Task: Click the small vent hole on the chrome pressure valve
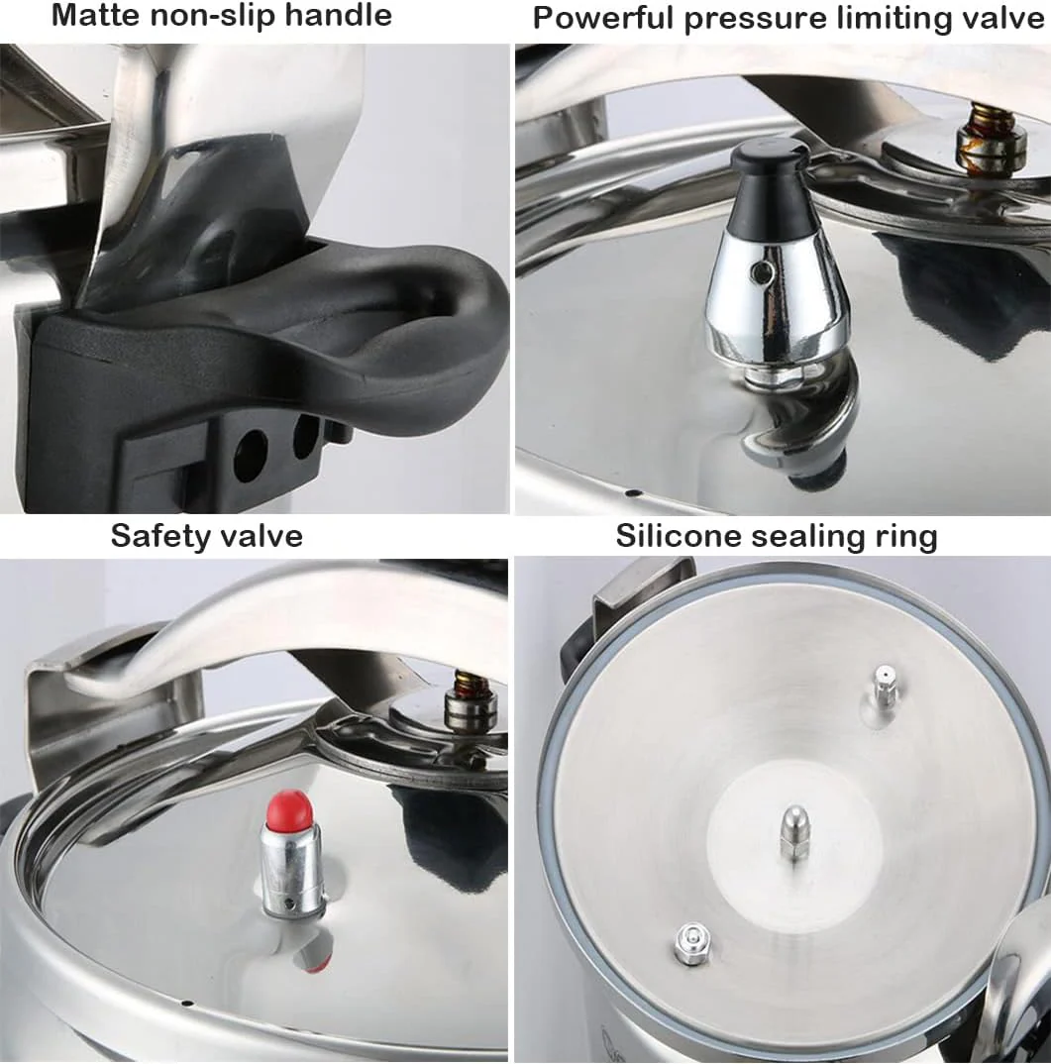pyautogui.click(x=763, y=273)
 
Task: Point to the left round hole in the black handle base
pyautogui.click(x=251, y=453)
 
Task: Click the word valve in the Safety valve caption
pyautogui.click(x=261, y=535)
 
